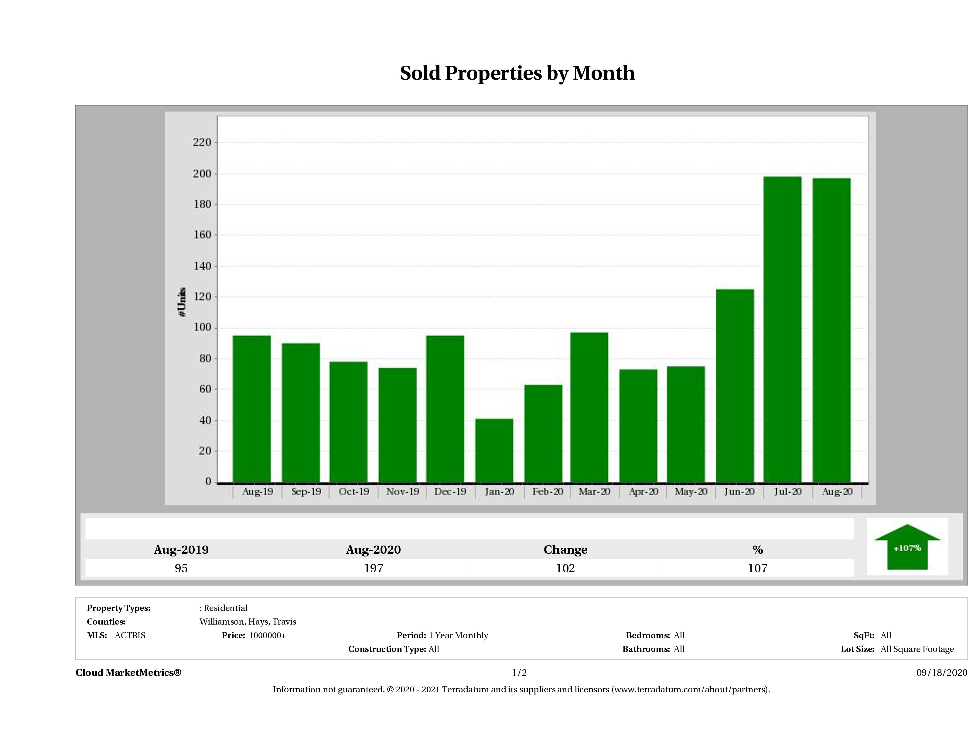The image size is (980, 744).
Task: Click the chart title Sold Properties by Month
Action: tap(517, 73)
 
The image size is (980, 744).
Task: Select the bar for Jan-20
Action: tap(494, 450)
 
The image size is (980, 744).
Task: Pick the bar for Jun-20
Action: tap(735, 385)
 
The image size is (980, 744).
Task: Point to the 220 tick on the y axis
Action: tap(202, 142)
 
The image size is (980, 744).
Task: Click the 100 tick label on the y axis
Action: tap(202, 328)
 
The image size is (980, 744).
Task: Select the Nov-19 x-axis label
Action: tap(402, 492)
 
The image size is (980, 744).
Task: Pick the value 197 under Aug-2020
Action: tap(374, 568)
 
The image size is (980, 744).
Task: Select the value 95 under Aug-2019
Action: tap(181, 568)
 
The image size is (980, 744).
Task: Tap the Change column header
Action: tap(565, 550)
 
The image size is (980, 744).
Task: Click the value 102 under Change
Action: tap(565, 568)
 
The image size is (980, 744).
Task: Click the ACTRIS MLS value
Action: tap(130, 635)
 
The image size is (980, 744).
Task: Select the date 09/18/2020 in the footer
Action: tap(941, 673)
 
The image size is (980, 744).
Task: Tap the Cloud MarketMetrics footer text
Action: tap(128, 673)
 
